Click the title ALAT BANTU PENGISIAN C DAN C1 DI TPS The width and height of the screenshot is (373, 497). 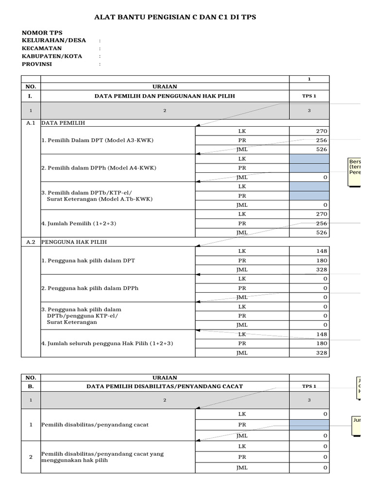pos(174,17)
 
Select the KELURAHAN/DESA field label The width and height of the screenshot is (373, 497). pos(53,40)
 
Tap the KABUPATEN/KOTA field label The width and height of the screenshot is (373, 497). pos(51,56)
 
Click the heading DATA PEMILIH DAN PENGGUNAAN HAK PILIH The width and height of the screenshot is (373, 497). pos(165,96)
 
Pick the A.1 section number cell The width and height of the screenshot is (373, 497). pos(31,123)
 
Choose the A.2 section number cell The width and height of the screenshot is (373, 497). pos(31,241)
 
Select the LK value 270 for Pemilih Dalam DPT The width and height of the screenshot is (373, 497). pos(309,131)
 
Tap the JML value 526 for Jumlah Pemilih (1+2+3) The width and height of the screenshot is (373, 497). pos(309,232)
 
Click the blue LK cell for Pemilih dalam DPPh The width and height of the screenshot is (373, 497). pos(309,159)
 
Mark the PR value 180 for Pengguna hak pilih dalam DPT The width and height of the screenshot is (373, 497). pos(309,260)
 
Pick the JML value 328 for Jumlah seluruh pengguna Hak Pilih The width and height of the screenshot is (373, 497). pos(309,352)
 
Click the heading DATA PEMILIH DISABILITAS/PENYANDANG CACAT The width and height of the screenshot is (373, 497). pos(165,386)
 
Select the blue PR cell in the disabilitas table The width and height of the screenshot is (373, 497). pos(309,425)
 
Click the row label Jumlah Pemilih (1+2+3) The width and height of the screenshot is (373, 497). pos(79,223)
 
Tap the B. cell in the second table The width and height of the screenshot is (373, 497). pos(31,386)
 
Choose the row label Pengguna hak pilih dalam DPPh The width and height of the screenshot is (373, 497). pos(90,288)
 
